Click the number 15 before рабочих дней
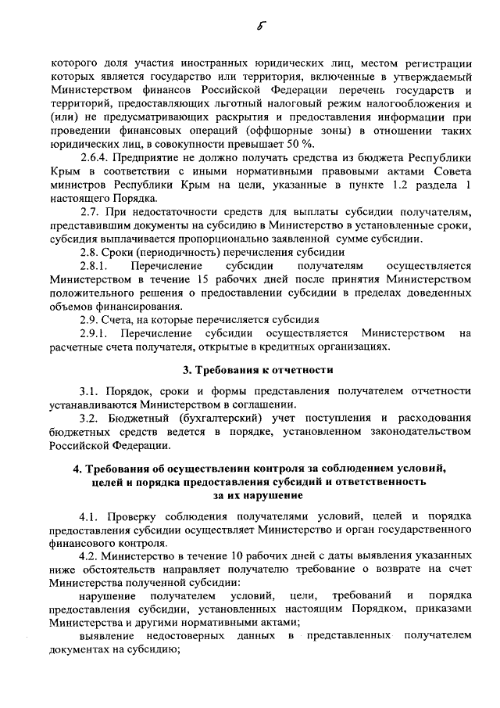(204, 279)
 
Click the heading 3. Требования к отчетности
(258, 370)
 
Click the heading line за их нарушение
(257, 495)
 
